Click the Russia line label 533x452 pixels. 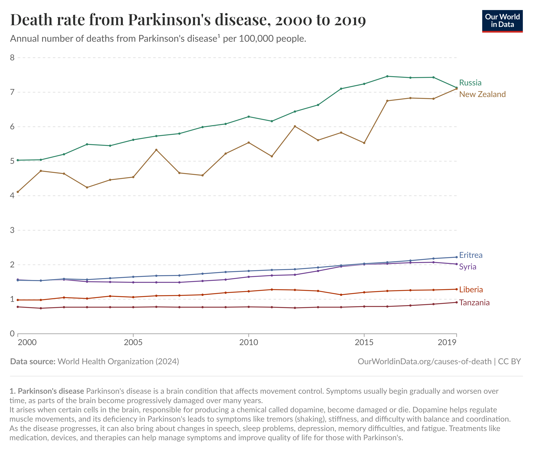pyautogui.click(x=470, y=83)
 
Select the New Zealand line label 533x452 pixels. pyautogui.click(x=482, y=94)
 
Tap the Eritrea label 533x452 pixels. pyautogui.click(x=470, y=255)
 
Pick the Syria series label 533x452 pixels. pyautogui.click(x=467, y=267)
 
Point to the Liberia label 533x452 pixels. pyautogui.click(x=471, y=289)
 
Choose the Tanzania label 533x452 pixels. pyautogui.click(x=474, y=303)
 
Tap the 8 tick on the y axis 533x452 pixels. pyautogui.click(x=12, y=58)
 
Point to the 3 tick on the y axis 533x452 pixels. pyautogui.click(x=12, y=230)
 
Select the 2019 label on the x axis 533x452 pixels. pyautogui.click(x=447, y=342)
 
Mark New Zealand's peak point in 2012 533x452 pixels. pyautogui.click(x=295, y=126)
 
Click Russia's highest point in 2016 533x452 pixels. pyautogui.click(x=387, y=76)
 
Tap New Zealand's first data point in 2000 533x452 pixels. pyautogui.click(x=18, y=192)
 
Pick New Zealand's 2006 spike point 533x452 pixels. pyautogui.click(x=156, y=150)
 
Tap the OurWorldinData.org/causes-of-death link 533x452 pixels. pyautogui.click(x=424, y=362)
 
